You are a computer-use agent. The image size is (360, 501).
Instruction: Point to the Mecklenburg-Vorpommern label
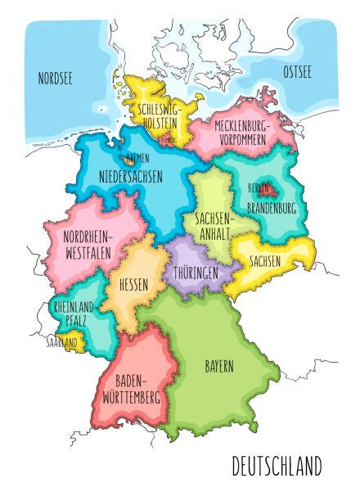point(243,133)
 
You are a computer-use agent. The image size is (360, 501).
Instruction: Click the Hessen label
point(133,287)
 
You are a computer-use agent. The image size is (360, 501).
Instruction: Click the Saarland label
point(62,341)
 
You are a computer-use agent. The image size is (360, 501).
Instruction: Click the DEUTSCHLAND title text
point(277,467)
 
